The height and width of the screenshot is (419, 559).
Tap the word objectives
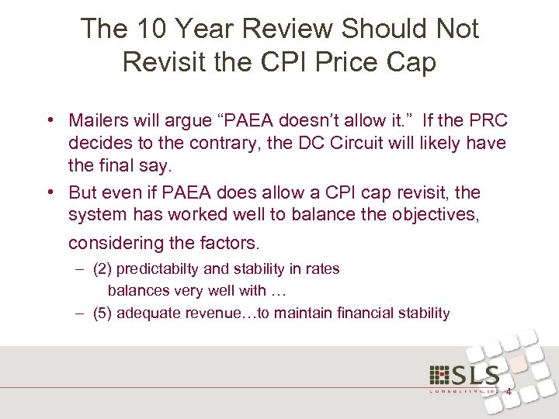point(439,214)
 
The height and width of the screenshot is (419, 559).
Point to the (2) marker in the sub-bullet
point(102,269)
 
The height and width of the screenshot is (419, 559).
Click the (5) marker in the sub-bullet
point(102,313)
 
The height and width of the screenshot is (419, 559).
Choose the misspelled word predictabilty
point(156,269)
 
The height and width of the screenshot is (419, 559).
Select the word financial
point(365,313)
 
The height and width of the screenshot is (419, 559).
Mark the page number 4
point(508,391)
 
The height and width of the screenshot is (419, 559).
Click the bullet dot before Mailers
point(50,121)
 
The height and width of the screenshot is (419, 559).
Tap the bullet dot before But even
point(50,192)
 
